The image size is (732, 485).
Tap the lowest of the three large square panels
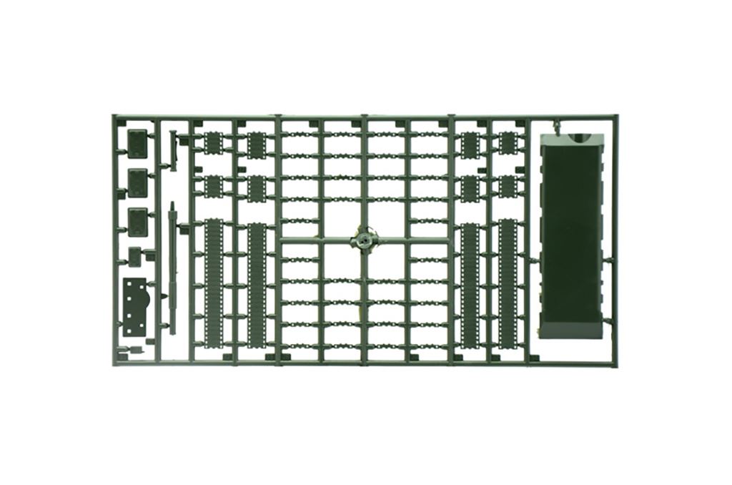pyautogui.click(x=137, y=220)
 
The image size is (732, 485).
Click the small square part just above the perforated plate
pyautogui.click(x=134, y=254)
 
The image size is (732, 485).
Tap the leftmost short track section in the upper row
pyautogui.click(x=213, y=144)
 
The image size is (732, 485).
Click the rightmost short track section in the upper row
pyautogui.click(x=508, y=144)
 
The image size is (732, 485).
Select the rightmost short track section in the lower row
pyautogui.click(x=508, y=187)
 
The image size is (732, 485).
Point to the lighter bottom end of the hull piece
pyautogui.click(x=572, y=330)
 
